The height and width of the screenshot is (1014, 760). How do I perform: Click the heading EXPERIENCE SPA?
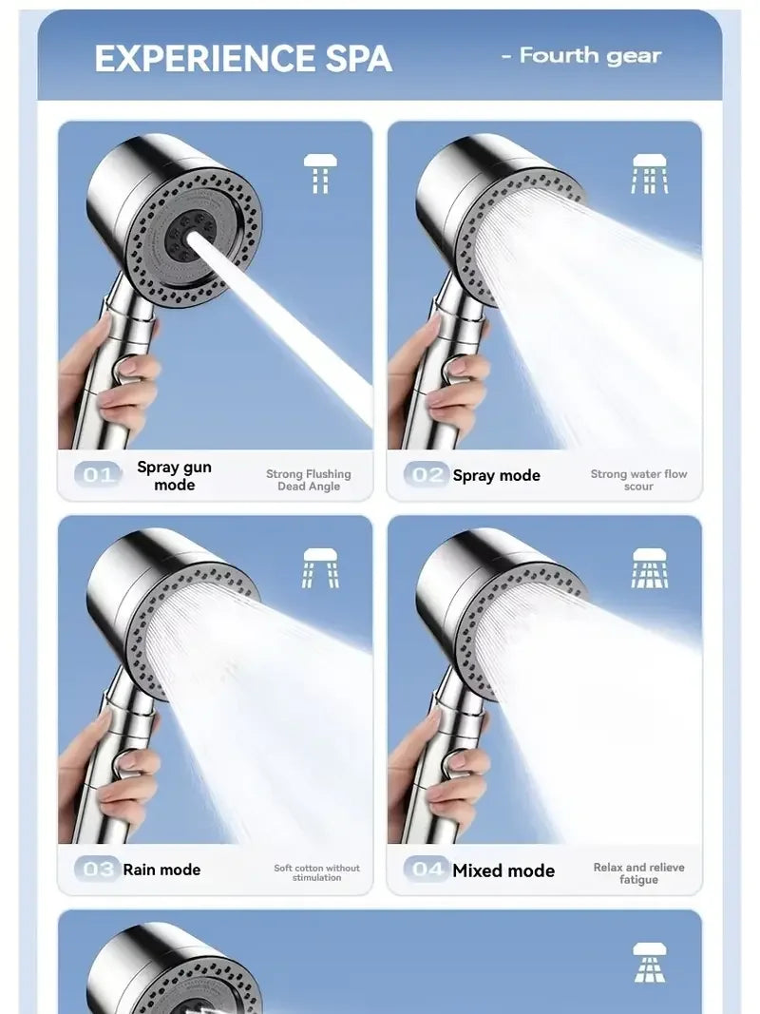(x=243, y=59)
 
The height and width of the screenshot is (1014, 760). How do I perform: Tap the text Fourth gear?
(x=589, y=56)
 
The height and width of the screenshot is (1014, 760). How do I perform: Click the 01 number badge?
(x=98, y=474)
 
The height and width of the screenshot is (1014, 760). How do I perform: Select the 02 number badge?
(x=426, y=474)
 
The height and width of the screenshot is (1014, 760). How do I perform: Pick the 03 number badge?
(x=98, y=869)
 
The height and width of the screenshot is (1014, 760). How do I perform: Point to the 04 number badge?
(x=427, y=869)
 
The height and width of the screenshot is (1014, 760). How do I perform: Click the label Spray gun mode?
(x=175, y=475)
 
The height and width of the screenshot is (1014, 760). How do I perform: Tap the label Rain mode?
(x=162, y=870)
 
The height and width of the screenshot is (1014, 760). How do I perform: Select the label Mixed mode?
(x=503, y=870)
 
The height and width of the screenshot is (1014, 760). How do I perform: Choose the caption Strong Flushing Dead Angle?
(x=309, y=480)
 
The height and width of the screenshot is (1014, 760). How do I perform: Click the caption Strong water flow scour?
(x=638, y=480)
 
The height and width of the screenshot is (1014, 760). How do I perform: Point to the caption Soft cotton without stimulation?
(x=317, y=872)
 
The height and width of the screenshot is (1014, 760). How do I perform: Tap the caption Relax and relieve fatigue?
(x=638, y=873)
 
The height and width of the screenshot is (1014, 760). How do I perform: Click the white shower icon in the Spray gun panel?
(x=320, y=174)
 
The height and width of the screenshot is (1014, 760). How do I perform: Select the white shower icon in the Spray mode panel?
(x=650, y=174)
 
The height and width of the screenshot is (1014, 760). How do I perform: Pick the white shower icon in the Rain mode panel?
(x=320, y=568)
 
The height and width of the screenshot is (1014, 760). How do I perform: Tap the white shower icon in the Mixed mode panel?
(x=650, y=568)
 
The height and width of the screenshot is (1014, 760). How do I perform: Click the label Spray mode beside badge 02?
(x=496, y=475)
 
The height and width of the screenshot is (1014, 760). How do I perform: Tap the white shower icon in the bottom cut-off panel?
(x=650, y=961)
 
